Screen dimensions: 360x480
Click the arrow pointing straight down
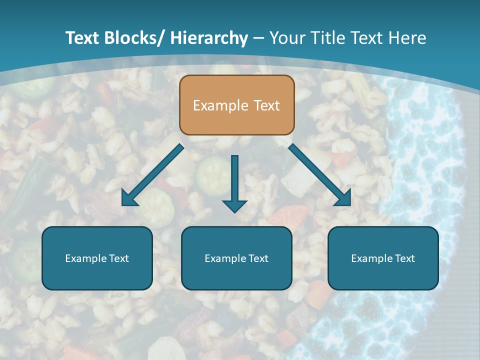coord(234,182)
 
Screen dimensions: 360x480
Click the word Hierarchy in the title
coord(208,38)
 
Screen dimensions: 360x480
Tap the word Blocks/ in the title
coord(134,38)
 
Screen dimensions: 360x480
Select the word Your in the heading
coord(286,38)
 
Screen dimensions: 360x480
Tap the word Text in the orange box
coord(266,105)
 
